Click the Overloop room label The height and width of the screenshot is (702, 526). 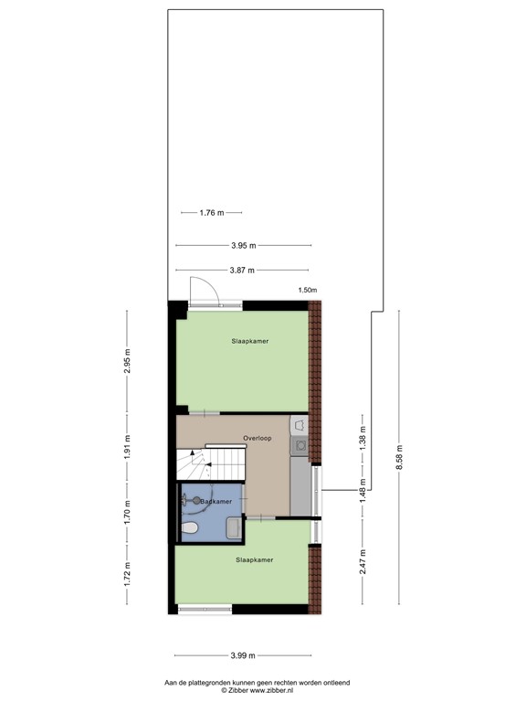[258, 439]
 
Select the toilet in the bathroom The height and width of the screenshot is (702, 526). [191, 529]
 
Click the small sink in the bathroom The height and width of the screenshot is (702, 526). [234, 527]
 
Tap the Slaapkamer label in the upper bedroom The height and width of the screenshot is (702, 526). [249, 341]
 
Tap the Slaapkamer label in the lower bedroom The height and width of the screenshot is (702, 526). [254, 559]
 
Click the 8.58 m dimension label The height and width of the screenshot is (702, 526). [398, 455]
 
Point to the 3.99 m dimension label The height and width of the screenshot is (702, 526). [243, 655]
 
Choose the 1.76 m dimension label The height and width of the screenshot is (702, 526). [211, 213]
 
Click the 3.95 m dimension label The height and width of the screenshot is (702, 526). [243, 246]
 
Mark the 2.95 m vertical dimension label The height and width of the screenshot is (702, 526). [128, 362]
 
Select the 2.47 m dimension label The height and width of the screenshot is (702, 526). [363, 559]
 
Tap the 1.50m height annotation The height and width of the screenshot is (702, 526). [308, 291]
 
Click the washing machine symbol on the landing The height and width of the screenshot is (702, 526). [299, 424]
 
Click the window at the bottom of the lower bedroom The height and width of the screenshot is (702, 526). [205, 609]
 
